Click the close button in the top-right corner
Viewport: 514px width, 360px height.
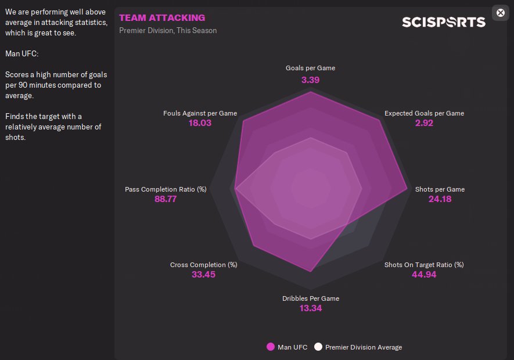(x=501, y=13)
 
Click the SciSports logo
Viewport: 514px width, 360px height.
(x=444, y=22)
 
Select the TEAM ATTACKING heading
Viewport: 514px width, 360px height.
(x=162, y=18)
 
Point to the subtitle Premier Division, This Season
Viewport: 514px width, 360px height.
(x=168, y=30)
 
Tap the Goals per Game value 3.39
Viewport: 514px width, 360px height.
(x=310, y=80)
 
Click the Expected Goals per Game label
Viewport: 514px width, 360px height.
(x=424, y=113)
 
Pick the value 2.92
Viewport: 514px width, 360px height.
(x=424, y=123)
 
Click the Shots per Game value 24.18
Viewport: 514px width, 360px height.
(x=440, y=199)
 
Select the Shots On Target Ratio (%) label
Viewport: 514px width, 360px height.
(x=424, y=265)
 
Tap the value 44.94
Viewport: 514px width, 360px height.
(x=424, y=275)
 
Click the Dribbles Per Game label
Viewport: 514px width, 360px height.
(x=311, y=298)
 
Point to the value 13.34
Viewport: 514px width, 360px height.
(x=310, y=308)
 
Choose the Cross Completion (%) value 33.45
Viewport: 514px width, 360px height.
(x=203, y=275)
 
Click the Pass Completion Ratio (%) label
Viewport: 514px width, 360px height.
(x=166, y=189)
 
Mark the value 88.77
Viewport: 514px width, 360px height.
(x=166, y=199)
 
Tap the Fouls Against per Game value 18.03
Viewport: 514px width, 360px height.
(x=200, y=123)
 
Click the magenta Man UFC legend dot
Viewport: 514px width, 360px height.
(x=270, y=347)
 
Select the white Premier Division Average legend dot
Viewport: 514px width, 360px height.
(x=318, y=347)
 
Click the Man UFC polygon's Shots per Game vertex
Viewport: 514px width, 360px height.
(x=407, y=188)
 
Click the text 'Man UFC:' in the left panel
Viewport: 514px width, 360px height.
(x=21, y=54)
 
